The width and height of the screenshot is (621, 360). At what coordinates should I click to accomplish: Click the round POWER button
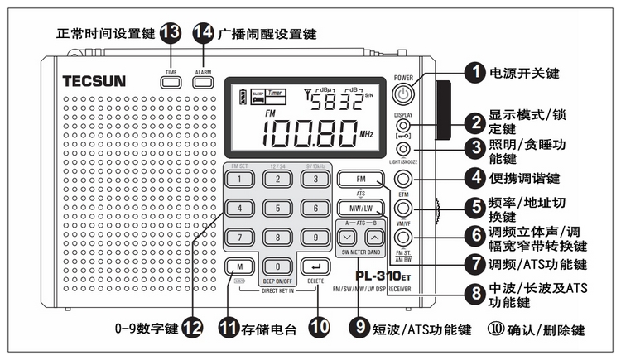403,94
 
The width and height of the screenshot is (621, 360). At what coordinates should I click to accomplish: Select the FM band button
359,180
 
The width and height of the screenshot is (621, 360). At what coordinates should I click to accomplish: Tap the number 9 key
315,238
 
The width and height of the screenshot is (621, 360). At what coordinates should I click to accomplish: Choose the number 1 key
238,180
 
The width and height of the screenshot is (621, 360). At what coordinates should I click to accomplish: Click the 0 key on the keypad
277,266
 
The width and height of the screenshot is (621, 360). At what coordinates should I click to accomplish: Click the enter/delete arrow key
315,266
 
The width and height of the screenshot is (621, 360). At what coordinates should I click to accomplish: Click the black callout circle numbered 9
358,328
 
